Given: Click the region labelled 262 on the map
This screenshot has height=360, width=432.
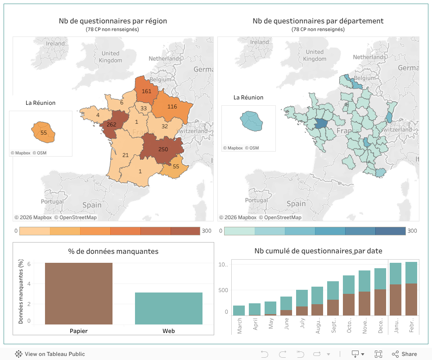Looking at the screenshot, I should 111,126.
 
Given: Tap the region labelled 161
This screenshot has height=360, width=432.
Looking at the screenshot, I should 146,91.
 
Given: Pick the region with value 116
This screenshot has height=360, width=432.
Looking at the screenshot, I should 172,107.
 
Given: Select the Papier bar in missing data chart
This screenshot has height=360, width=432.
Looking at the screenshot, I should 79,293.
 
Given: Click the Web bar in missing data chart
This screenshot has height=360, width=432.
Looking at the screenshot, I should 169,308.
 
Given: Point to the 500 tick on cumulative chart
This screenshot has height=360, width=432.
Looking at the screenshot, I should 224,290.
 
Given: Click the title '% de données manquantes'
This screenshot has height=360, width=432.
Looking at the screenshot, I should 113,251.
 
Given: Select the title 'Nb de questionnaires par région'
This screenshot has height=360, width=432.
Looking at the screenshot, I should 112,21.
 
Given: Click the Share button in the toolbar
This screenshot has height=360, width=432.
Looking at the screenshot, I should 404,354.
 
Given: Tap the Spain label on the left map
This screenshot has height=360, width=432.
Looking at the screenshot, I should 92,205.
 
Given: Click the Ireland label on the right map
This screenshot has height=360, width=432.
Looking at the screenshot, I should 260,42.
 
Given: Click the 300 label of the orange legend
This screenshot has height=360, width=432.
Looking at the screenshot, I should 207,231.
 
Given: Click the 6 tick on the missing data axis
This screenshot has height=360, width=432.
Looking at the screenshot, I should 29,264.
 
